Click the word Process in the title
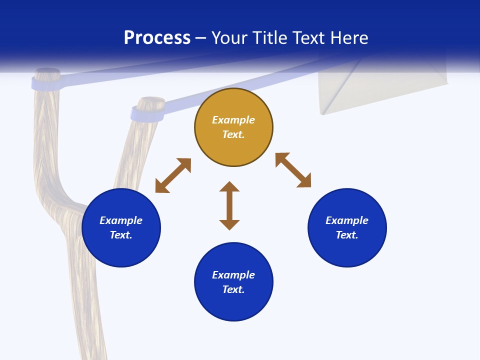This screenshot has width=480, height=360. tap(157, 38)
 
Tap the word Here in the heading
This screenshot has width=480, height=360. tap(349, 38)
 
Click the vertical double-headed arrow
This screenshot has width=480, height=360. tap(229, 205)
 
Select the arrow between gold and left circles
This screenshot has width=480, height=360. tap(173, 175)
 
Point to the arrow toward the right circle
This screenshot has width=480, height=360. tap(293, 170)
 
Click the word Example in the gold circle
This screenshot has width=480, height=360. tap(233, 120)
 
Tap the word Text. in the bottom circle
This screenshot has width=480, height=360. tap(233, 289)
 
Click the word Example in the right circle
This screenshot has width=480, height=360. tap(347, 220)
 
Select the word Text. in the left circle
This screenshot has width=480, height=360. tap(121, 235)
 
